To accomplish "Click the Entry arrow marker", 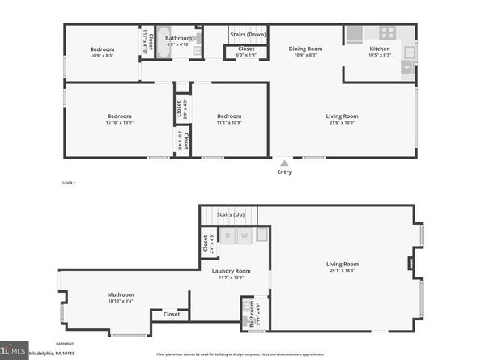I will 283,163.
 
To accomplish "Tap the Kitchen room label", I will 379,49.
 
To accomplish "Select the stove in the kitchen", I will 387,33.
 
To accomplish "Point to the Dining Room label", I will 306,49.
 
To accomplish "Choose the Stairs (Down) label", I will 248,35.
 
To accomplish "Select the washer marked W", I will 244,235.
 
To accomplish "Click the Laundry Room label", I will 232,271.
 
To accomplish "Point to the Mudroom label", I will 121,294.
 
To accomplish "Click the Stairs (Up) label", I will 232,214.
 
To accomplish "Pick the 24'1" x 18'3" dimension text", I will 343,270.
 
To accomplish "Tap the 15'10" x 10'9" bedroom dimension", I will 102,122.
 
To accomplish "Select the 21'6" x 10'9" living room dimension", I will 343,122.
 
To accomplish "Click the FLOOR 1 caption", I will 68,184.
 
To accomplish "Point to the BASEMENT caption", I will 66,344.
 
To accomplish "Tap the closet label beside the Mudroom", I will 172,314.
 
